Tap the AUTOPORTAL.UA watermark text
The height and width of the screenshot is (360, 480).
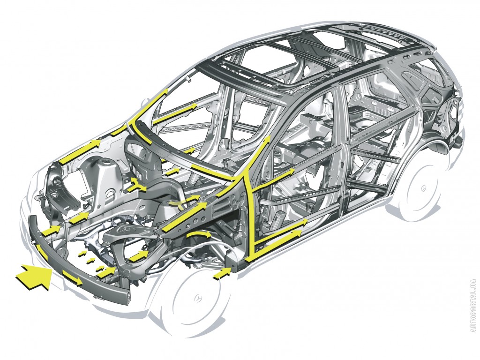474,306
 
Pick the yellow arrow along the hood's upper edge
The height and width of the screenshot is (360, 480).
81,150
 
